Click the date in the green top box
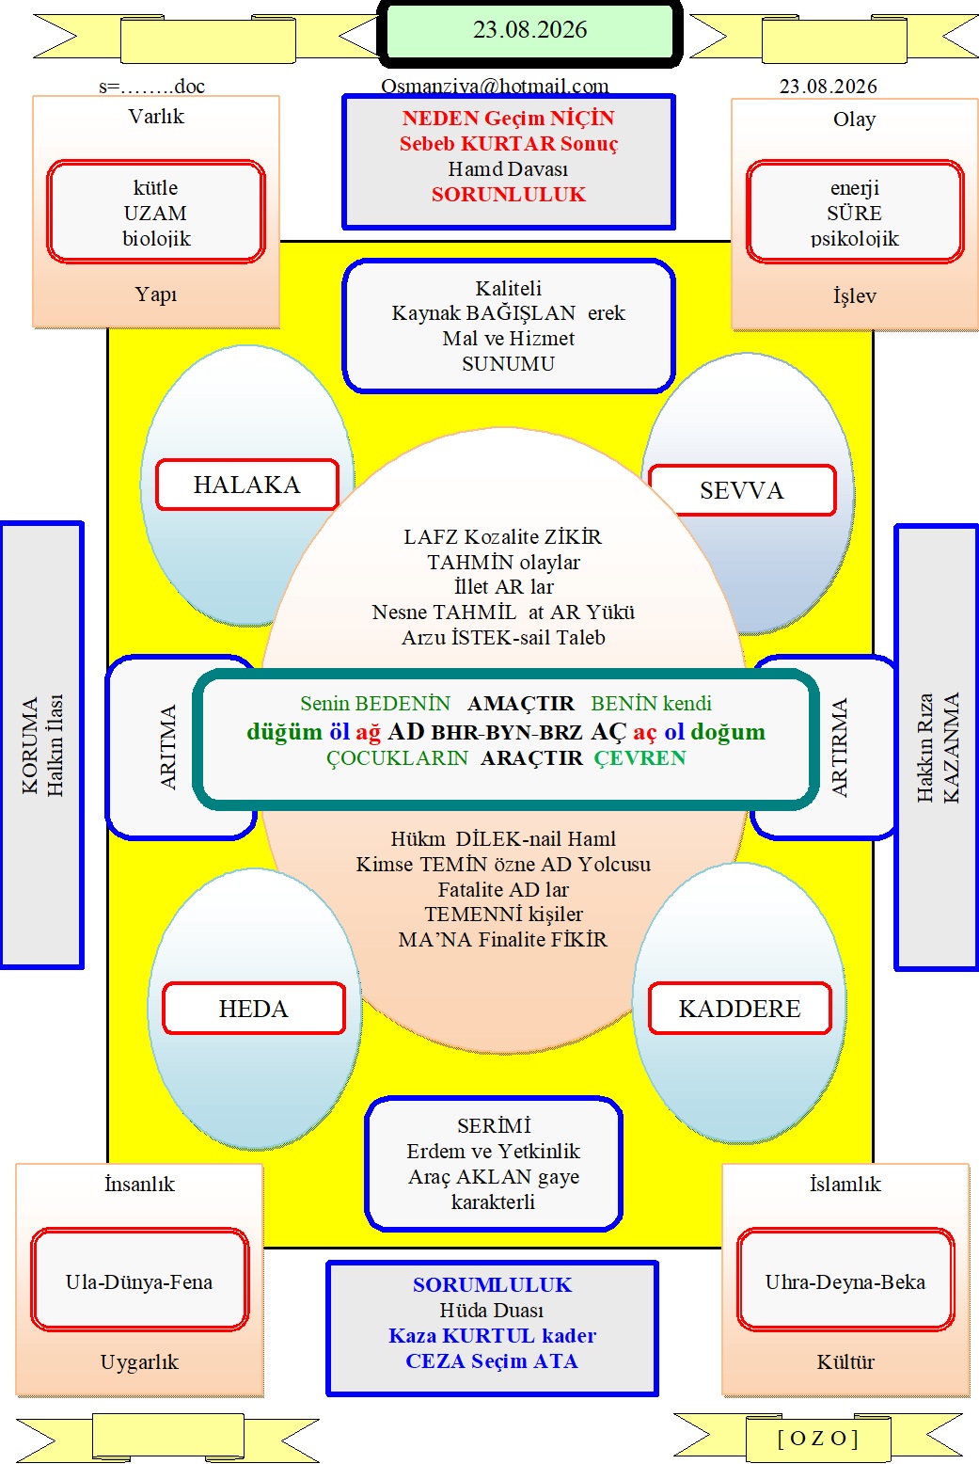pyautogui.click(x=529, y=30)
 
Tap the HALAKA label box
pyautogui.click(x=247, y=485)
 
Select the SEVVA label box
pyautogui.click(x=742, y=490)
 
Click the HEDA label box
pyautogui.click(x=253, y=1009)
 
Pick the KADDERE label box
pyautogui.click(x=739, y=1009)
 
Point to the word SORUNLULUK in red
pyautogui.click(x=508, y=195)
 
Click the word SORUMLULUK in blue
pyautogui.click(x=492, y=1285)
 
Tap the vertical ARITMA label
pyautogui.click(x=167, y=746)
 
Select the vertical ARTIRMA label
pyautogui.click(x=839, y=747)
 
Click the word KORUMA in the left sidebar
pyautogui.click(x=30, y=745)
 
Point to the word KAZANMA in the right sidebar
pyautogui.click(x=950, y=747)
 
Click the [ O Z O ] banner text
pyautogui.click(x=817, y=1438)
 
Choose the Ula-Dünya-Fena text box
pyautogui.click(x=139, y=1281)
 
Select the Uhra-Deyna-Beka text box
pyautogui.click(x=845, y=1281)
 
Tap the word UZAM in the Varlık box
pyautogui.click(x=155, y=213)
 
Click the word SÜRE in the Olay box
pyautogui.click(x=854, y=213)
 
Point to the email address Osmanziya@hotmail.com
pyautogui.click(x=495, y=87)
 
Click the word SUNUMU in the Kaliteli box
pyautogui.click(x=508, y=363)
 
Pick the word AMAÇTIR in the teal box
pyautogui.click(x=520, y=703)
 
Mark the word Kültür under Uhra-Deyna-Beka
pyautogui.click(x=845, y=1362)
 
